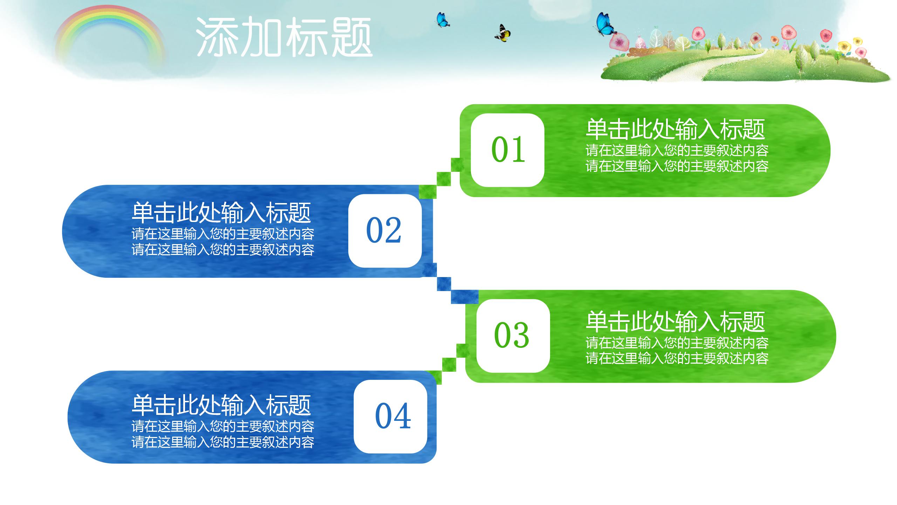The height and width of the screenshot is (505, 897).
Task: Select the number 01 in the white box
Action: [x=508, y=150]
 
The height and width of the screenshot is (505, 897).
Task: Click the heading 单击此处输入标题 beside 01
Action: [x=675, y=129]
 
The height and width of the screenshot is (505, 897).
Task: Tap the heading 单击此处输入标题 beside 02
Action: [x=221, y=213]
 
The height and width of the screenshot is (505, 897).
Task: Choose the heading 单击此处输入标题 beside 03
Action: [x=675, y=321]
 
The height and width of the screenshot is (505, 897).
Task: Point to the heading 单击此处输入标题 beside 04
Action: [x=221, y=405]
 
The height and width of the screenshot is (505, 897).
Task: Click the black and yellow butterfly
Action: [x=503, y=33]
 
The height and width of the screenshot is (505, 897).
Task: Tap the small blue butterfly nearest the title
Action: [x=443, y=20]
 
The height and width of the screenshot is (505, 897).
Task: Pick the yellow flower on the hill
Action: [x=844, y=46]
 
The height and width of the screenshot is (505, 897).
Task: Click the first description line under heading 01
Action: [x=677, y=150]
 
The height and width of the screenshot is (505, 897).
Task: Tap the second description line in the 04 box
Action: [x=223, y=442]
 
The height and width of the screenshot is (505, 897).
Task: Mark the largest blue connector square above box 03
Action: [x=464, y=296]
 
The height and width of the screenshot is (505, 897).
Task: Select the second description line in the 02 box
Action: [x=223, y=250]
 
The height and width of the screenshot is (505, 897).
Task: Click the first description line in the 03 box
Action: [x=677, y=343]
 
